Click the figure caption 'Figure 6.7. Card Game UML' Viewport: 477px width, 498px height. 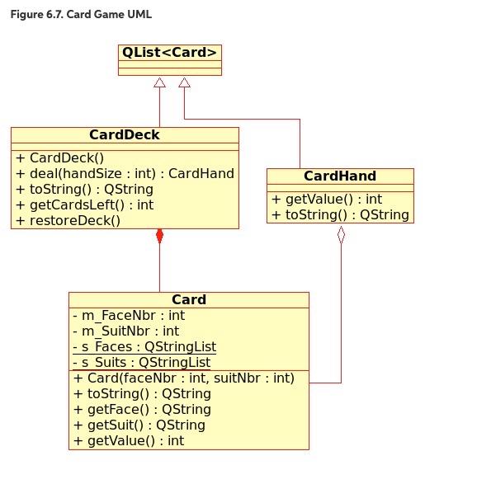pyautogui.click(x=81, y=14)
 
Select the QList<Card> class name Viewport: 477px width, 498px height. pyautogui.click(x=170, y=53)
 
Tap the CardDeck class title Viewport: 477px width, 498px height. pyautogui.click(x=125, y=134)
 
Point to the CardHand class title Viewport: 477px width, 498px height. pyautogui.click(x=340, y=176)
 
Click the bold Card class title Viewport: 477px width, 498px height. pyautogui.click(x=189, y=299)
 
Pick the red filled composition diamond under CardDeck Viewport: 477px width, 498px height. pyautogui.click(x=159, y=237)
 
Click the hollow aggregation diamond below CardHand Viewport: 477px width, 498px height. pyautogui.click(x=341, y=235)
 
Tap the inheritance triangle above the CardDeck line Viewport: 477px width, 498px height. pyautogui.click(x=159, y=82)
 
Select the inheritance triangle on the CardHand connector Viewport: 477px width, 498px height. pyautogui.click(x=184, y=82)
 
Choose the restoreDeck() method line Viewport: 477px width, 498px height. pyautogui.click(x=68, y=221)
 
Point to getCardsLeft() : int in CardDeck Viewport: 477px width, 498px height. pyautogui.click(x=84, y=204)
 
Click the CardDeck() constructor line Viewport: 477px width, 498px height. pyautogui.click(x=59, y=157)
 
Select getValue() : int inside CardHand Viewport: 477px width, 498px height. pyautogui.click(x=327, y=200)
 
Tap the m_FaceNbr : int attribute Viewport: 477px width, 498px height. pyautogui.click(x=129, y=316)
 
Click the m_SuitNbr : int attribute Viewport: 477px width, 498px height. pyautogui.click(x=125, y=331)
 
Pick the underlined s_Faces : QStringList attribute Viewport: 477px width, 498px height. pyautogui.click(x=144, y=347)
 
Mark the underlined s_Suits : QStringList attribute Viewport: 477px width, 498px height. pyautogui.click(x=142, y=363)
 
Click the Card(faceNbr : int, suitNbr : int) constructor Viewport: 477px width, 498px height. pyautogui.click(x=184, y=378)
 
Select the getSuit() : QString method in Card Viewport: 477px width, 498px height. pyautogui.click(x=139, y=425)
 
